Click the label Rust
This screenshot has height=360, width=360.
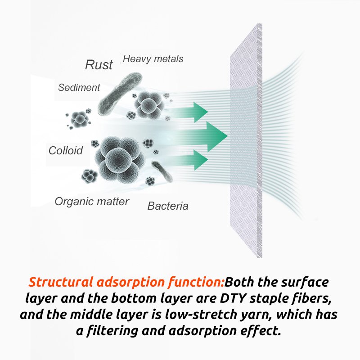pos(99,64)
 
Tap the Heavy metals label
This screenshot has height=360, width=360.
pos(153,59)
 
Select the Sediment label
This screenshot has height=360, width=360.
pos(79,87)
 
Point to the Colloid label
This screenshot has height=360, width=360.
pos(66,151)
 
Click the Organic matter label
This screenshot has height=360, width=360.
pos(92,202)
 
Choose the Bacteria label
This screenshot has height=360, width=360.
pos(168,206)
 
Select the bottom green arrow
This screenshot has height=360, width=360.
pos(189,160)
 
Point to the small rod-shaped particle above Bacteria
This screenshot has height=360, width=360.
pos(162,171)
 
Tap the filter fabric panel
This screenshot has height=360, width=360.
pos(246,140)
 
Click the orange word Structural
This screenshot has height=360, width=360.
pos(61,282)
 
